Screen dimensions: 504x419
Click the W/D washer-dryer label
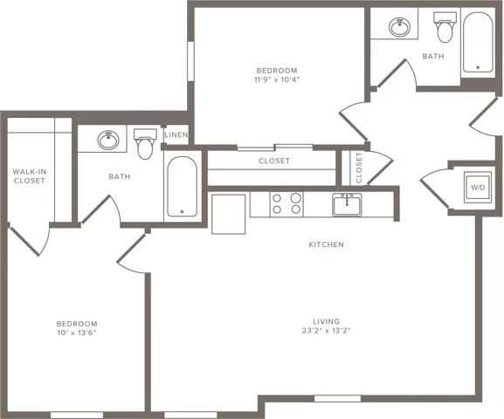[x=478, y=188]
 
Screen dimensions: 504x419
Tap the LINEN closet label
[x=176, y=134]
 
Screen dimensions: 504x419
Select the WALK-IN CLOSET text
[x=29, y=176]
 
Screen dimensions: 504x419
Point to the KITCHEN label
[x=327, y=244]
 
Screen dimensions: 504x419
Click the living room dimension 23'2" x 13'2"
[x=326, y=331]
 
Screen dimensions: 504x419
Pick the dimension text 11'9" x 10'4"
[x=277, y=79]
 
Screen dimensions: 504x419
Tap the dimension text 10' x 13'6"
[x=77, y=333]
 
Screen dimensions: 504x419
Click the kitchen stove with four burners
[x=287, y=204]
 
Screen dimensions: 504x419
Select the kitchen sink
[x=347, y=204]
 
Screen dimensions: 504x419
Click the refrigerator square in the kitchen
[x=229, y=214]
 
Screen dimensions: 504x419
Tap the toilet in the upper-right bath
[x=445, y=27]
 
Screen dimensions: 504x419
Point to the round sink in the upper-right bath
[x=400, y=27]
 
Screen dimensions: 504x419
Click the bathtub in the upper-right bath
[x=478, y=42]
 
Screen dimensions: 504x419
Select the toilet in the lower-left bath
[x=145, y=144]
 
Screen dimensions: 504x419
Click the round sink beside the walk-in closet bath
[x=108, y=140]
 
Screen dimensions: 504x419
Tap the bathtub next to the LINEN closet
[x=183, y=186]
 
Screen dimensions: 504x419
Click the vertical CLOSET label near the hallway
[x=359, y=168]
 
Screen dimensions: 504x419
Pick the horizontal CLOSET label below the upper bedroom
[x=274, y=161]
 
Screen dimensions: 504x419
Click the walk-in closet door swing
[x=30, y=238]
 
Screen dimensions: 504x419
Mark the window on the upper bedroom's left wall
[x=190, y=61]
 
